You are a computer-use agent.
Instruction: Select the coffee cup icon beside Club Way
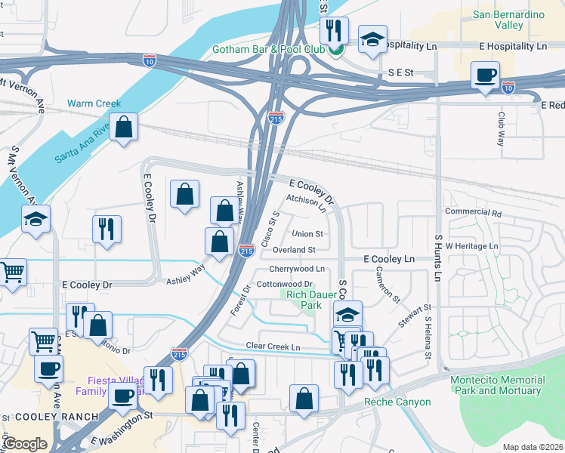click(x=485, y=75)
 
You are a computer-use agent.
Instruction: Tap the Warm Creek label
click(x=94, y=103)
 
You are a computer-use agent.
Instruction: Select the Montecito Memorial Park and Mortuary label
click(x=496, y=385)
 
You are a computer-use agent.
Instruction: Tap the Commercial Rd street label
click(x=473, y=213)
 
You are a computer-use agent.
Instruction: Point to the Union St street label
click(x=307, y=234)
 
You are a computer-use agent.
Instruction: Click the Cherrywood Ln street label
click(x=296, y=269)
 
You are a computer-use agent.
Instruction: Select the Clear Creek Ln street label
click(x=273, y=347)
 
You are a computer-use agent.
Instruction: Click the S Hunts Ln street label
click(x=437, y=257)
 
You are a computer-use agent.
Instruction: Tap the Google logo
click(x=25, y=443)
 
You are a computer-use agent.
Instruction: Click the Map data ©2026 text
click(x=532, y=447)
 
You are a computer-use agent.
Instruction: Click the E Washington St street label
click(x=122, y=427)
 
